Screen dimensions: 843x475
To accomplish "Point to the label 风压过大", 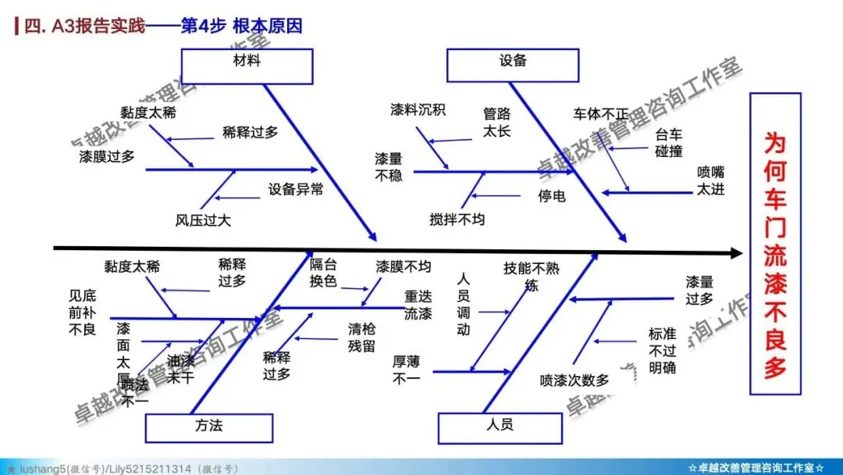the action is [x=203, y=220].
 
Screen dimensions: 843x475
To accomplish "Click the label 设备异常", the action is [x=296, y=189].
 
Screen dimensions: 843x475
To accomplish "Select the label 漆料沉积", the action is [x=418, y=110].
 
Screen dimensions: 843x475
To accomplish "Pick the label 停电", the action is [x=551, y=196].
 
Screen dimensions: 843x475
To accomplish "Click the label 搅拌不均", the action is [x=457, y=220].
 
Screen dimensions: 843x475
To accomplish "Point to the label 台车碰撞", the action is [x=669, y=142].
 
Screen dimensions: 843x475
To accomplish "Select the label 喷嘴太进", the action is [x=710, y=180].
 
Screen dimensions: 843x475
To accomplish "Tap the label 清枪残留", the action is [x=361, y=337].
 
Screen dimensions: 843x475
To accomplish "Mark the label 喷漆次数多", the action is [x=574, y=381].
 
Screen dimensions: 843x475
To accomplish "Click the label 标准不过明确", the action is [x=662, y=350].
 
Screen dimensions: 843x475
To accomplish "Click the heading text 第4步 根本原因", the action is [x=241, y=26].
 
